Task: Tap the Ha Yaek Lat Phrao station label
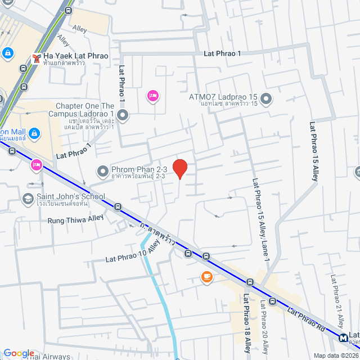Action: (76, 56)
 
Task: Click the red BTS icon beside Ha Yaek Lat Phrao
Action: (37, 58)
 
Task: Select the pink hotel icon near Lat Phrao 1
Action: (152, 97)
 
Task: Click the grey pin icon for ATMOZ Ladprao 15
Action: (267, 100)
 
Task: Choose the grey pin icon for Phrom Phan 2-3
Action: (103, 170)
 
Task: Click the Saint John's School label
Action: (71, 197)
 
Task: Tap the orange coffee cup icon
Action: (207, 277)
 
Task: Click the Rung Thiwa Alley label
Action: (76, 220)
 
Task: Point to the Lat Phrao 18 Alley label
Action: (246, 324)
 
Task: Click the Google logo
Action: (19, 353)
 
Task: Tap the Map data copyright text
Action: (335, 355)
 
